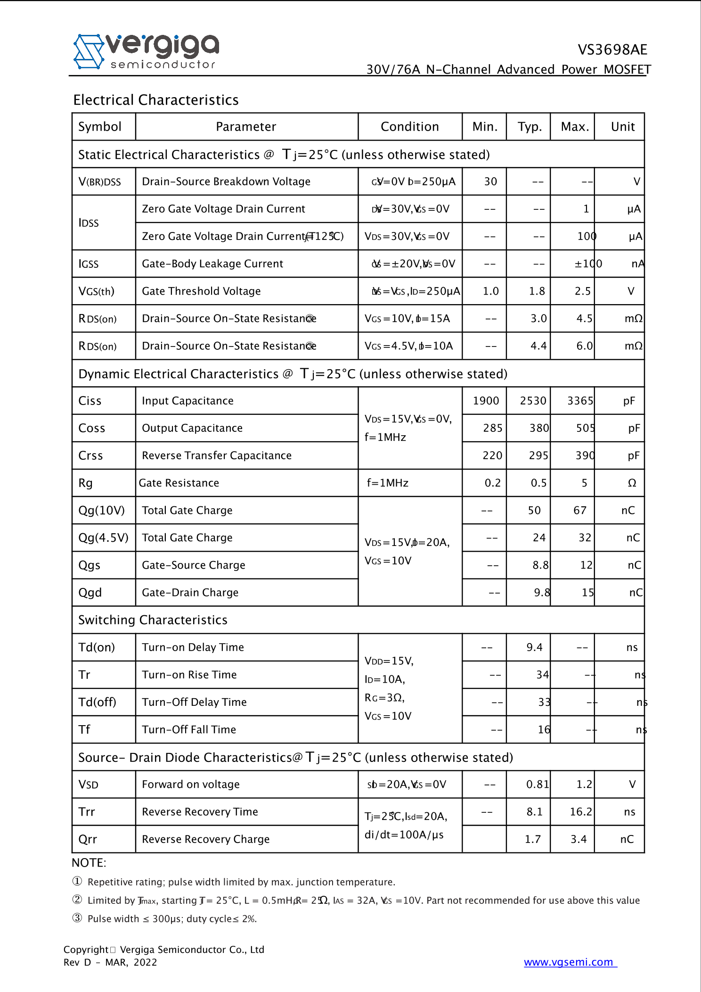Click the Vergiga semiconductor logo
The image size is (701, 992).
tap(147, 51)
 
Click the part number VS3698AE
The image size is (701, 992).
tap(612, 50)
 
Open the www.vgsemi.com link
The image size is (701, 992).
tap(569, 962)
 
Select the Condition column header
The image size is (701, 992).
tap(409, 127)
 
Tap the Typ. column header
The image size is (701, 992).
tap(530, 127)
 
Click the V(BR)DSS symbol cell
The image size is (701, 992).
tap(100, 182)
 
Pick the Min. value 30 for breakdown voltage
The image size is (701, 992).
tap(490, 182)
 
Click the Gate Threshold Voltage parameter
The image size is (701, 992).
tap(201, 291)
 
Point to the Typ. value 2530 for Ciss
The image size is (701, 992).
tap(533, 401)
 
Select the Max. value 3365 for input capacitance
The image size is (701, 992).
tap(580, 401)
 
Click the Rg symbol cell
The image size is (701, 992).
tap(86, 483)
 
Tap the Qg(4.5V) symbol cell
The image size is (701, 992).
tap(103, 538)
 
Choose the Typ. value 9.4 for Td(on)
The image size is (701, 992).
tap(534, 647)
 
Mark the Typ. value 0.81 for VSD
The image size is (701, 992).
tap(538, 785)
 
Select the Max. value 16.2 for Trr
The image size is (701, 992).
tap(580, 812)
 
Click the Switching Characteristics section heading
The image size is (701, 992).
tap(153, 620)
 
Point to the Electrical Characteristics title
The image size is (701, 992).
tap(156, 100)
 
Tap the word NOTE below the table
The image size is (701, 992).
tap(89, 863)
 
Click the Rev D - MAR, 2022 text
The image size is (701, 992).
tap(110, 962)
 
